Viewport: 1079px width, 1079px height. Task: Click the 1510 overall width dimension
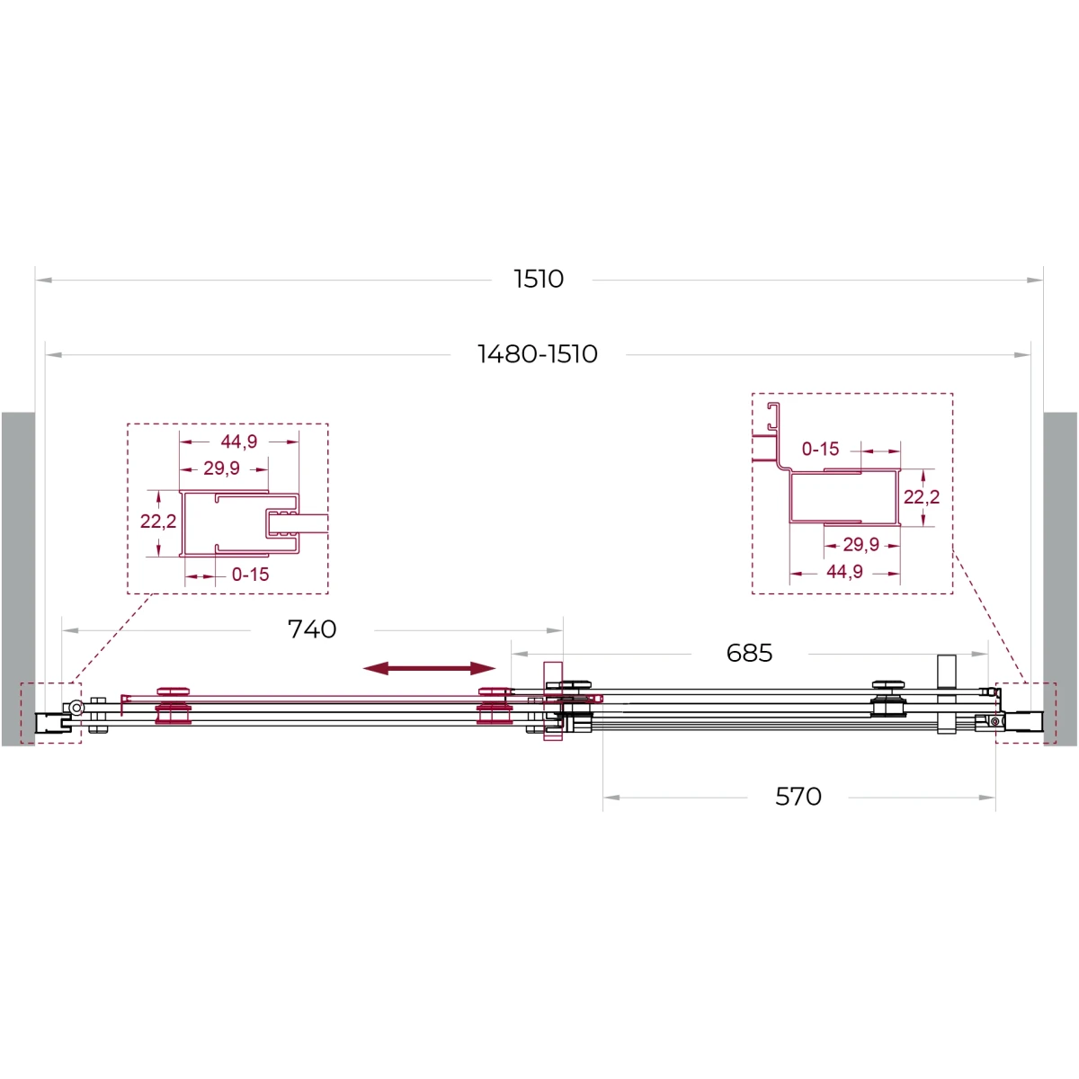click(x=538, y=279)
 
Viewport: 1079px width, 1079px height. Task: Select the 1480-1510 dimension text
click(x=538, y=354)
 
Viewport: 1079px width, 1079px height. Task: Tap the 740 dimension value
click(x=312, y=629)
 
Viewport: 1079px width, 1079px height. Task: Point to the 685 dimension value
click(x=749, y=653)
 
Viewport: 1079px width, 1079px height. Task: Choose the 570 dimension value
click(x=798, y=797)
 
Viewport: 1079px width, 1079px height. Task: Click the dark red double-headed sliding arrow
click(x=430, y=668)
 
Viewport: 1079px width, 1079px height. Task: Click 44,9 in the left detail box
click(x=238, y=441)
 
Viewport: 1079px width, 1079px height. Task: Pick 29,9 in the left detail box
click(x=221, y=468)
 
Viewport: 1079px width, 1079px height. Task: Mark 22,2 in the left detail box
click(x=158, y=522)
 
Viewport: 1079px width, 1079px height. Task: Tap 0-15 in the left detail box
click(x=250, y=574)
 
